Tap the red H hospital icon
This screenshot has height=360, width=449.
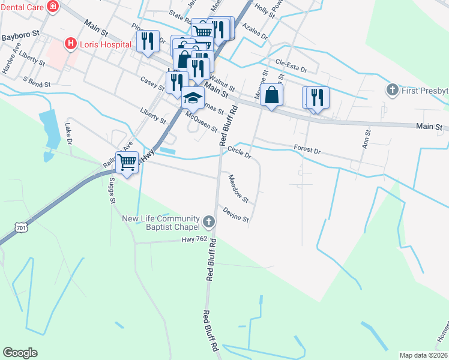click(x=70, y=44)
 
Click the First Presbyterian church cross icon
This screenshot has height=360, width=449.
click(x=393, y=90)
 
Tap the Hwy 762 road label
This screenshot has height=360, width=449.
click(x=194, y=240)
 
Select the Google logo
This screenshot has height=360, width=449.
click(x=20, y=353)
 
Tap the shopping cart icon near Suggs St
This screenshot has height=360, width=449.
click(x=127, y=161)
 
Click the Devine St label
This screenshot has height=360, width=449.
click(x=235, y=215)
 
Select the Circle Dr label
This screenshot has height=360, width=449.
click(x=239, y=153)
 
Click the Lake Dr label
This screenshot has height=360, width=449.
click(x=68, y=134)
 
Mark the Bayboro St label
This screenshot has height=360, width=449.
click(x=20, y=36)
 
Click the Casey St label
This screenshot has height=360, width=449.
click(x=152, y=84)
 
